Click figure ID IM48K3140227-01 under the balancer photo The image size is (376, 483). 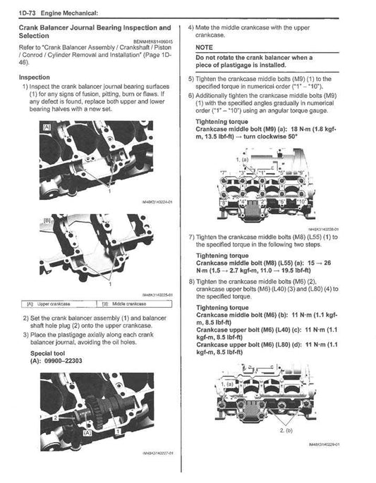(156, 453)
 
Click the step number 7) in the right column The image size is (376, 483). (191, 237)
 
